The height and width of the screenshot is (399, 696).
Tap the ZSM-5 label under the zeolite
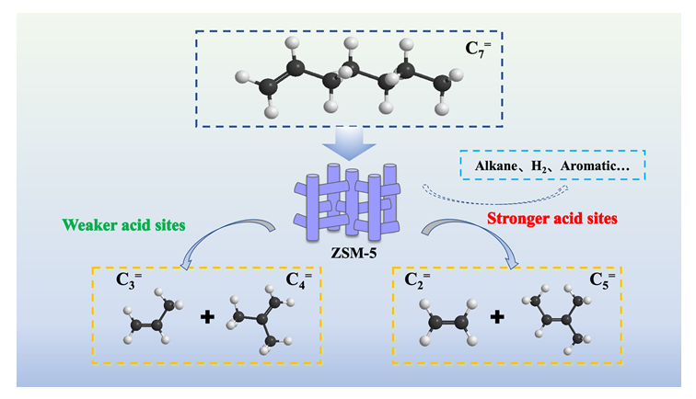tap(342, 253)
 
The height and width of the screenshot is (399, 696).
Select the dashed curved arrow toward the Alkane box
tap(497, 192)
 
